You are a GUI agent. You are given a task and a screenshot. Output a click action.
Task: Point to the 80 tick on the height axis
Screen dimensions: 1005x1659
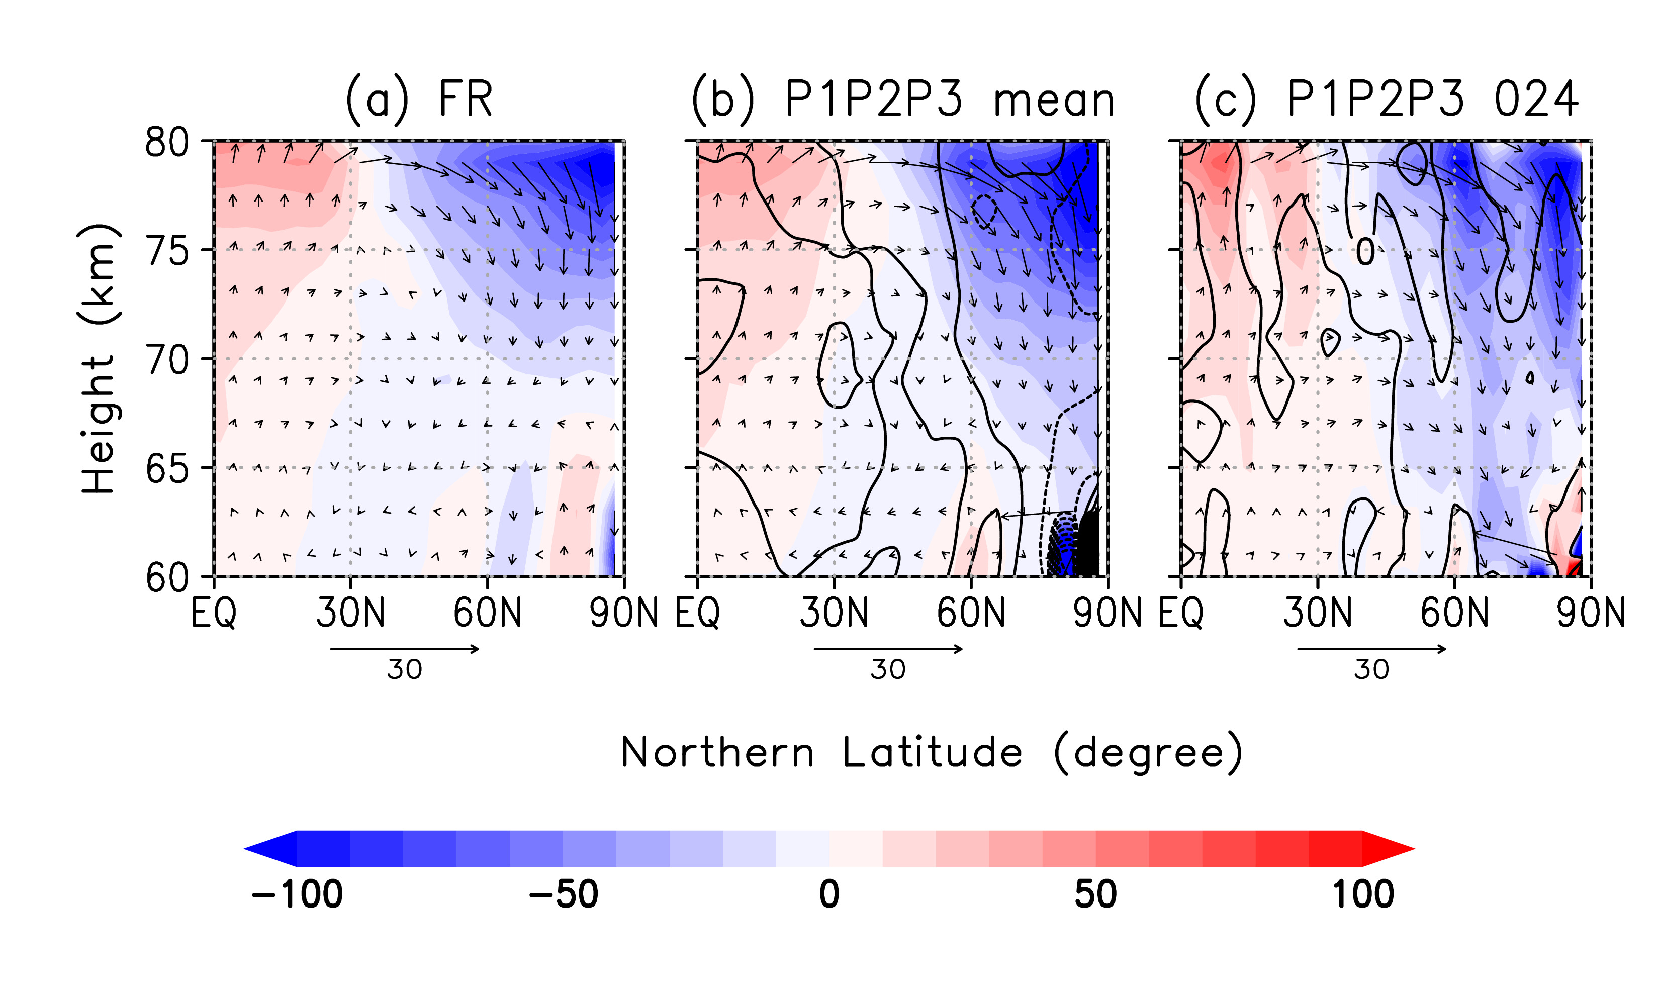[167, 142]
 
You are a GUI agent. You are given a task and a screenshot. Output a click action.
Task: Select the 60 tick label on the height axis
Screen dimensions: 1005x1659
[167, 577]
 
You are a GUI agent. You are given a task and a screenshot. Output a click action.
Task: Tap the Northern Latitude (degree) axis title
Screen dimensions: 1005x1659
[931, 752]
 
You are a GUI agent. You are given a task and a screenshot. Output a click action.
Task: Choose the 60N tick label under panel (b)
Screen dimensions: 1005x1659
[971, 613]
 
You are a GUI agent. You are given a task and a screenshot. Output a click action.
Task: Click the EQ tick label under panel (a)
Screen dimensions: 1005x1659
[214, 613]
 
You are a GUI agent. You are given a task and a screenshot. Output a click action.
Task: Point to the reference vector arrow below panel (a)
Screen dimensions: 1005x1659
[405, 649]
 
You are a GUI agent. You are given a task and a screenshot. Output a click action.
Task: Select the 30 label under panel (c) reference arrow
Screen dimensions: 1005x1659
[1371, 670]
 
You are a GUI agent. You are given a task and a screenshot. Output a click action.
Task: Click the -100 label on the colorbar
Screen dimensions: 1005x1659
[297, 894]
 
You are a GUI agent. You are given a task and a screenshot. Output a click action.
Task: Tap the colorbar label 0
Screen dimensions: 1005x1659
[829, 894]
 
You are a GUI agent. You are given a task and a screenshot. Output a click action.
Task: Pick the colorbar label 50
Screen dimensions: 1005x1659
[1095, 894]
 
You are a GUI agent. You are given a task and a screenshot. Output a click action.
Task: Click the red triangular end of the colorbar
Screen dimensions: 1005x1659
[1387, 849]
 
